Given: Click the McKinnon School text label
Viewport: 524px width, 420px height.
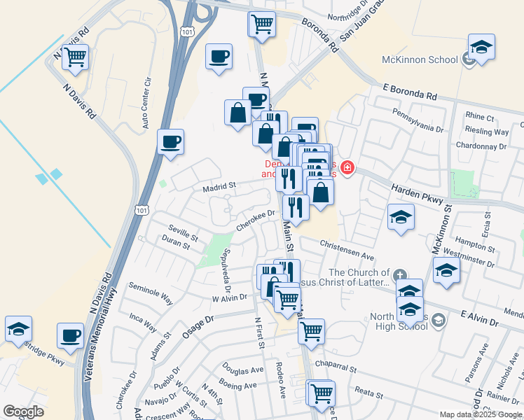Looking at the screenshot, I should (420, 59).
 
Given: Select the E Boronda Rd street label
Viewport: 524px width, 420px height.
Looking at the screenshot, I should (410, 92).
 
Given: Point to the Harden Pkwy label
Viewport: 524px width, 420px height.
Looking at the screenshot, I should (418, 195).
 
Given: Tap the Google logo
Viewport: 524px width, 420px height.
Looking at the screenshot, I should (23, 412).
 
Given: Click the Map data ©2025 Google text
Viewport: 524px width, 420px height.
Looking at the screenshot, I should (481, 414).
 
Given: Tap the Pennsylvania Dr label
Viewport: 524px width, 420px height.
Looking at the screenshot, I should (418, 120).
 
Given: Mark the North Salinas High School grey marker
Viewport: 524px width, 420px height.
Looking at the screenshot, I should (439, 321).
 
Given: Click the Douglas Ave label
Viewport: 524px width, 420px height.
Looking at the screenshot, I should (243, 368).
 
